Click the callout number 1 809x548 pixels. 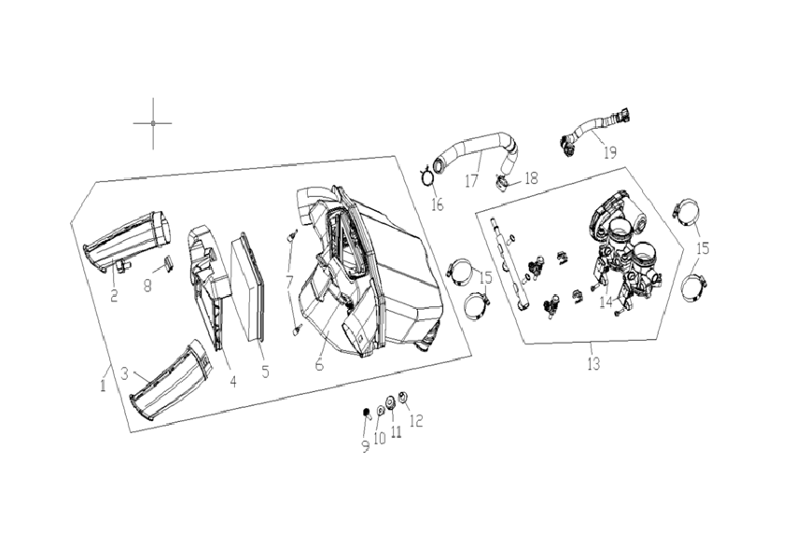point(103,385)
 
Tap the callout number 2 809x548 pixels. point(114,295)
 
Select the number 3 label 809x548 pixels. point(124,373)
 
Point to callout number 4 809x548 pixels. point(233,382)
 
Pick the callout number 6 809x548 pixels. point(319,364)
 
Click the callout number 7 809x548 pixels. point(289,282)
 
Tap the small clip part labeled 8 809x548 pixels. point(168,263)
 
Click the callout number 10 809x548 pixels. point(379,439)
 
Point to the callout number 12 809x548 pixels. point(416,420)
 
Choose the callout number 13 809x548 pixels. point(593,364)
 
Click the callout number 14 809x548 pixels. point(607,302)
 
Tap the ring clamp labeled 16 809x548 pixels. point(426,176)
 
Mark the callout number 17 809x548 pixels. point(471,181)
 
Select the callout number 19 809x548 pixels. point(609,153)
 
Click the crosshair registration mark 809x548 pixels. point(153,123)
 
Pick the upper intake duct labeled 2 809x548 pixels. point(130,242)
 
